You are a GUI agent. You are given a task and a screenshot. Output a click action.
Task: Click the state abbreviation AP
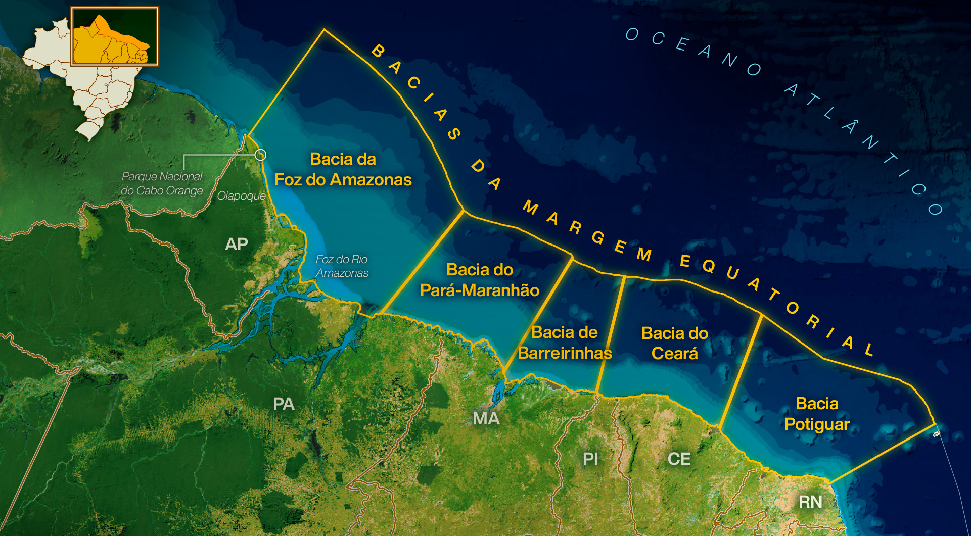(237, 245)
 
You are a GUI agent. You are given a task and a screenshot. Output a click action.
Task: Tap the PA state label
(284, 404)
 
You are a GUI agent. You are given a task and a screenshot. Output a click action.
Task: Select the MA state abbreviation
(486, 418)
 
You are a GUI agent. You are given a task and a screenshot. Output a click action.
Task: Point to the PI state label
(590, 459)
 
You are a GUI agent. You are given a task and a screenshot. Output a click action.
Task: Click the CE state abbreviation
(679, 459)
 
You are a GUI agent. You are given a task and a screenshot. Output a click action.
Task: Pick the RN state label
(810, 502)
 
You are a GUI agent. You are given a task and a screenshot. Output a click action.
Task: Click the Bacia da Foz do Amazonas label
(343, 170)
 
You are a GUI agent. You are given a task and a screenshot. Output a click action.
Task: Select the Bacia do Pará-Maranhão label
(480, 280)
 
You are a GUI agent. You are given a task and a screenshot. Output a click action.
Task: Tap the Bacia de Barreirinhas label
(565, 343)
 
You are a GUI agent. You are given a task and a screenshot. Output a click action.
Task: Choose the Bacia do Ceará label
(675, 344)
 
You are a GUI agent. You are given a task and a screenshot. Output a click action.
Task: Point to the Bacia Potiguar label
(817, 414)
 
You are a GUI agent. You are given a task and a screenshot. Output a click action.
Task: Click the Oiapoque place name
(241, 196)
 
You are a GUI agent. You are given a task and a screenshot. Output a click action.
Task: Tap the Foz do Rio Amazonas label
(342, 266)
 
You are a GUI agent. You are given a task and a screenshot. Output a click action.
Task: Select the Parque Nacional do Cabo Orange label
(162, 184)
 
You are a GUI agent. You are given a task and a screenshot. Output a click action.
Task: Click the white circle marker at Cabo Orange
(260, 155)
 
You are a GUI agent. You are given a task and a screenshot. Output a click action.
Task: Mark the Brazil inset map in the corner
(91, 71)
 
